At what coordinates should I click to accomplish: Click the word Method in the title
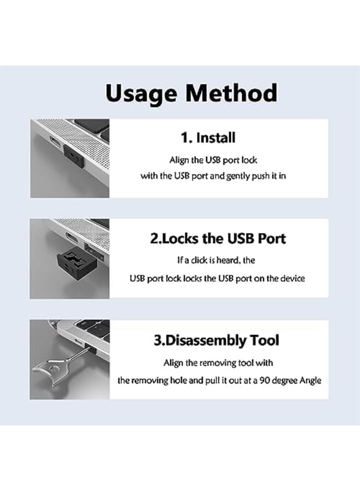pyautogui.click(x=231, y=93)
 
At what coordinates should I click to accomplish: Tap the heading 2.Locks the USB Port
pyautogui.click(x=218, y=238)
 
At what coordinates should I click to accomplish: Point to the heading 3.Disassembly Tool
pyautogui.click(x=217, y=340)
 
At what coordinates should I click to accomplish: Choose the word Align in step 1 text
pyautogui.click(x=179, y=160)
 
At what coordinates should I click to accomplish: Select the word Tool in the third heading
pyautogui.click(x=264, y=340)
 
